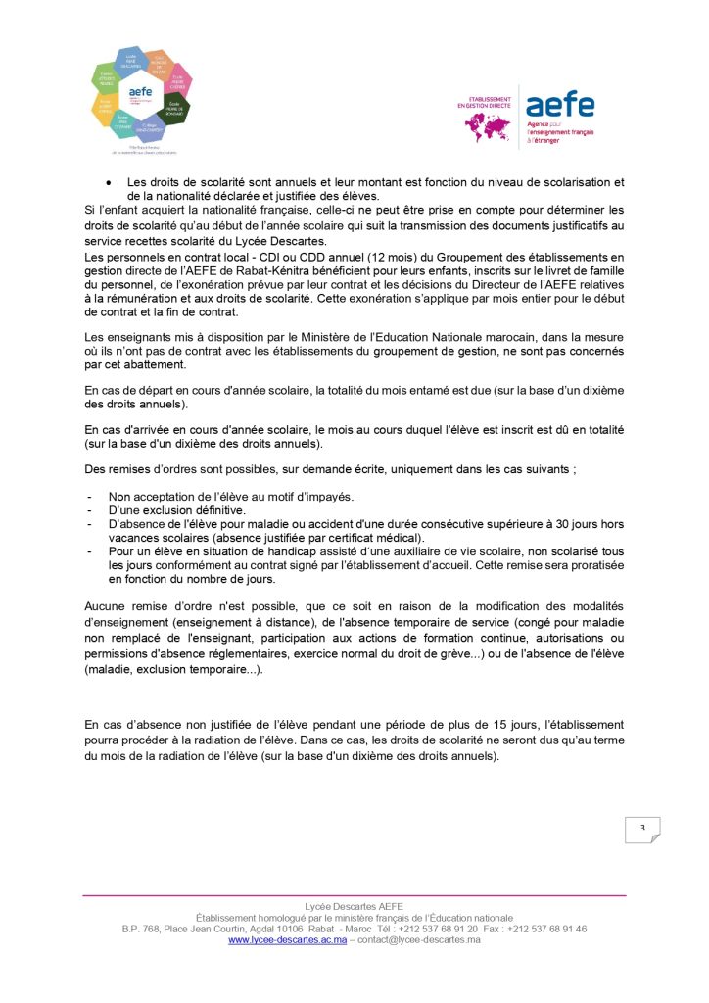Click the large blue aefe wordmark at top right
tap(559, 105)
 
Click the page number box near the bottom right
tap(642, 829)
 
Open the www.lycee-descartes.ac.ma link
tap(287, 939)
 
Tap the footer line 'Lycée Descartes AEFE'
tap(354, 907)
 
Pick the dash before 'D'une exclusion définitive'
tap(90, 510)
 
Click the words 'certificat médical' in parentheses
tap(376, 538)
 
